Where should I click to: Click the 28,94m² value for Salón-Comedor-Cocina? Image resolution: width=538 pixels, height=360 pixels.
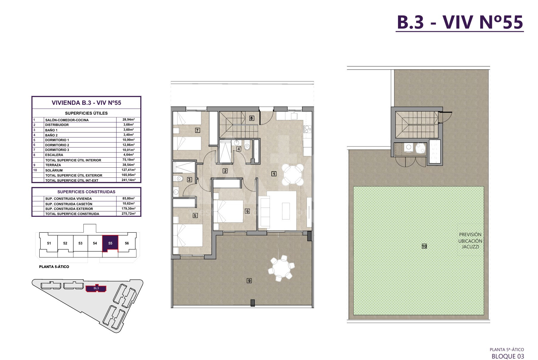(128, 120)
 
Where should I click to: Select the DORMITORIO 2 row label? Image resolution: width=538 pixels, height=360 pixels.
(57, 145)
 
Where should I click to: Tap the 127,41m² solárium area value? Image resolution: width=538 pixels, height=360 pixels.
(128, 170)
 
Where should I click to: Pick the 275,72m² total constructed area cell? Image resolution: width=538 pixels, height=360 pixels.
(128, 214)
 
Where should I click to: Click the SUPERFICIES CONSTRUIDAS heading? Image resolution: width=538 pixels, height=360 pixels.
(86, 192)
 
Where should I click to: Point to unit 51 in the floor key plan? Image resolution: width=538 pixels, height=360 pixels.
(49, 243)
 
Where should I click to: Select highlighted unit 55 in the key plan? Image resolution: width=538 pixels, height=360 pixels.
(110, 243)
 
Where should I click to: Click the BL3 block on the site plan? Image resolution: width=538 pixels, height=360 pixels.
(96, 288)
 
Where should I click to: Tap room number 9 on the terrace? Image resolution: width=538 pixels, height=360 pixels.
(249, 280)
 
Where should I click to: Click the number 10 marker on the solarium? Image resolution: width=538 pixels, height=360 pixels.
(424, 246)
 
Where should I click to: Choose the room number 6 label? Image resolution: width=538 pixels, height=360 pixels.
(247, 211)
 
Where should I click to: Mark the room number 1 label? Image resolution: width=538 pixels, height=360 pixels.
(274, 174)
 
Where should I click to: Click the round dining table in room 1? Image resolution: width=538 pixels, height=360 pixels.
(293, 174)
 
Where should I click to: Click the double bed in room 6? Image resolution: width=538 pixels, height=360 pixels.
(228, 211)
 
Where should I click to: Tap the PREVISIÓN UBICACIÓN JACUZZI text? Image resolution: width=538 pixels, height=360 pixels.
(470, 241)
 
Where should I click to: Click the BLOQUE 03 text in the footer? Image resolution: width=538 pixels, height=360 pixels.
(508, 356)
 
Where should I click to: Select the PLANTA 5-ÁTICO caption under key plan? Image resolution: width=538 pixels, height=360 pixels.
(54, 267)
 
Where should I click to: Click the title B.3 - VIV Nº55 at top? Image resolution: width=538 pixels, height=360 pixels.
(460, 22)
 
